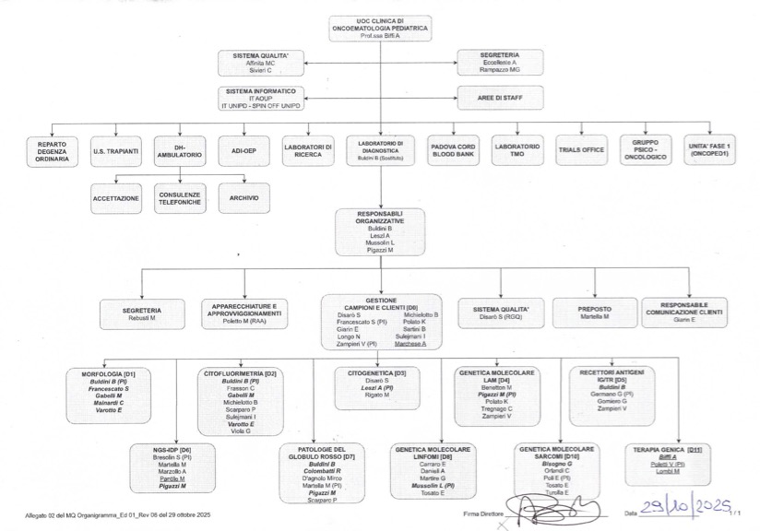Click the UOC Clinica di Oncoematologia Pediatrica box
(379, 29)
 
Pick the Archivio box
(243, 198)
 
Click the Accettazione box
(116, 198)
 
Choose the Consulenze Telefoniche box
(179, 198)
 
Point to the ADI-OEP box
(243, 148)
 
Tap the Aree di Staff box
(500, 97)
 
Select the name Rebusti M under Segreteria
(143, 317)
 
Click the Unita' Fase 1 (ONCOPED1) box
(708, 148)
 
